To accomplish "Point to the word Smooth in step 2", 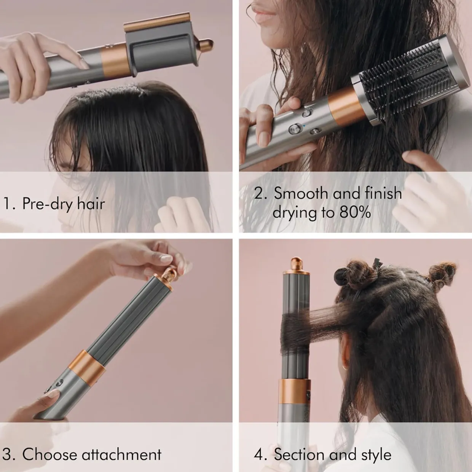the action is click(x=301, y=193).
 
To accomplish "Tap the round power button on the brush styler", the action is click(x=295, y=128).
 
